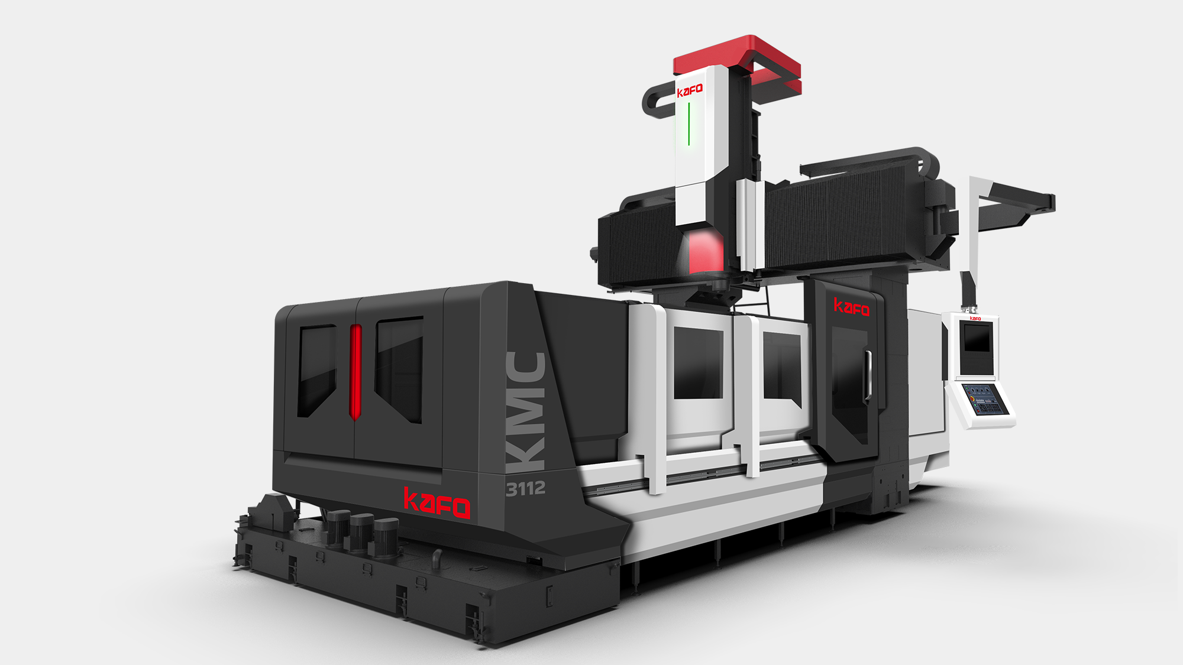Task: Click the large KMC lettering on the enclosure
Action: tap(526, 412)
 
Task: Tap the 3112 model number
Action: tap(525, 488)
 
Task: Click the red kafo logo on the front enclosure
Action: tap(437, 503)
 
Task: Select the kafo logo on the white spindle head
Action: tap(690, 90)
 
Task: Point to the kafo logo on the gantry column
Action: tap(852, 307)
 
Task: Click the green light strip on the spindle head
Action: tap(689, 124)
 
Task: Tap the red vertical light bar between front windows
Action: tap(355, 372)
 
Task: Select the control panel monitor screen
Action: tap(977, 338)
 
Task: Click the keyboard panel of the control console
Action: tap(984, 399)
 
